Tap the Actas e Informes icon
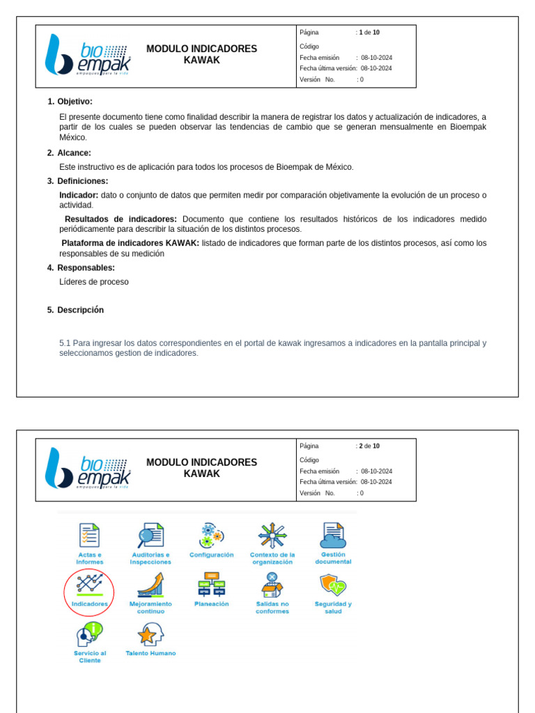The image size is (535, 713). (x=89, y=535)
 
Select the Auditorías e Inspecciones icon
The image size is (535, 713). (x=150, y=535)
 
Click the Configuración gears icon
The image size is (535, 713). (x=211, y=535)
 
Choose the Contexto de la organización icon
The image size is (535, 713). (x=272, y=535)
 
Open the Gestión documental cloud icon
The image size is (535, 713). (x=333, y=535)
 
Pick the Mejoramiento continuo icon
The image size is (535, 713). (x=150, y=585)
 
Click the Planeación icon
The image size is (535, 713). (x=211, y=585)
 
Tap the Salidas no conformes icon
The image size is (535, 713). (x=272, y=585)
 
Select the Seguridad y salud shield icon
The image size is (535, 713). (x=333, y=585)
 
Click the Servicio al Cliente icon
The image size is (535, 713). (x=89, y=634)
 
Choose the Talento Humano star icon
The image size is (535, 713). (x=150, y=634)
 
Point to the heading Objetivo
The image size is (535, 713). (x=75, y=102)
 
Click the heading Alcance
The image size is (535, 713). (x=74, y=153)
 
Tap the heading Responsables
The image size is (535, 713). (x=86, y=268)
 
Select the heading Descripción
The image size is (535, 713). (x=80, y=311)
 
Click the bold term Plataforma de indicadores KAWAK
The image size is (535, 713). (x=130, y=243)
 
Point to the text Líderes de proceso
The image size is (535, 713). (x=94, y=282)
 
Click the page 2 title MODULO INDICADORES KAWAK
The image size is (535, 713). (x=201, y=468)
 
